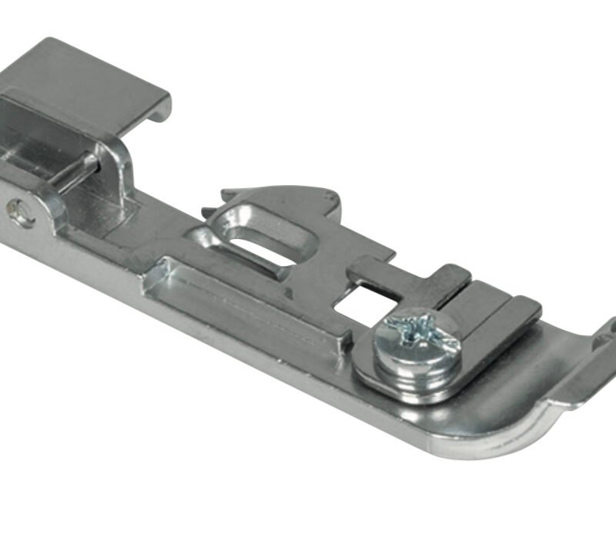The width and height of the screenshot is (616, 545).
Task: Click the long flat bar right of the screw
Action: tap(500, 316)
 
